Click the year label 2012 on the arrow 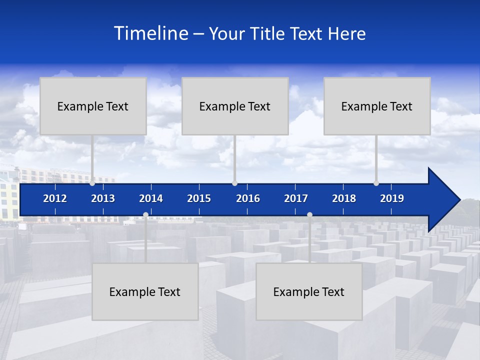tap(55, 198)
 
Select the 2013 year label tap(103, 198)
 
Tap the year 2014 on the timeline tap(151, 198)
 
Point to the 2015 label tap(199, 198)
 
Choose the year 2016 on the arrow tap(248, 198)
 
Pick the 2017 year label tap(296, 198)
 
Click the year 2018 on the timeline tap(344, 198)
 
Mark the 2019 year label tap(392, 198)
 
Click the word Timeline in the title tap(150, 33)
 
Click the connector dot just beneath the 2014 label tap(145, 215)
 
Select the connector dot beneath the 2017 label tap(309, 215)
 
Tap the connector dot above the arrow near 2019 tap(376, 183)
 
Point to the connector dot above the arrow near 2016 tap(234, 183)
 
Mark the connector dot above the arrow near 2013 tap(92, 183)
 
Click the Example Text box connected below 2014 tap(145, 292)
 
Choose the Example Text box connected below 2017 tap(309, 292)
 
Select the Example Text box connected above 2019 tap(377, 106)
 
